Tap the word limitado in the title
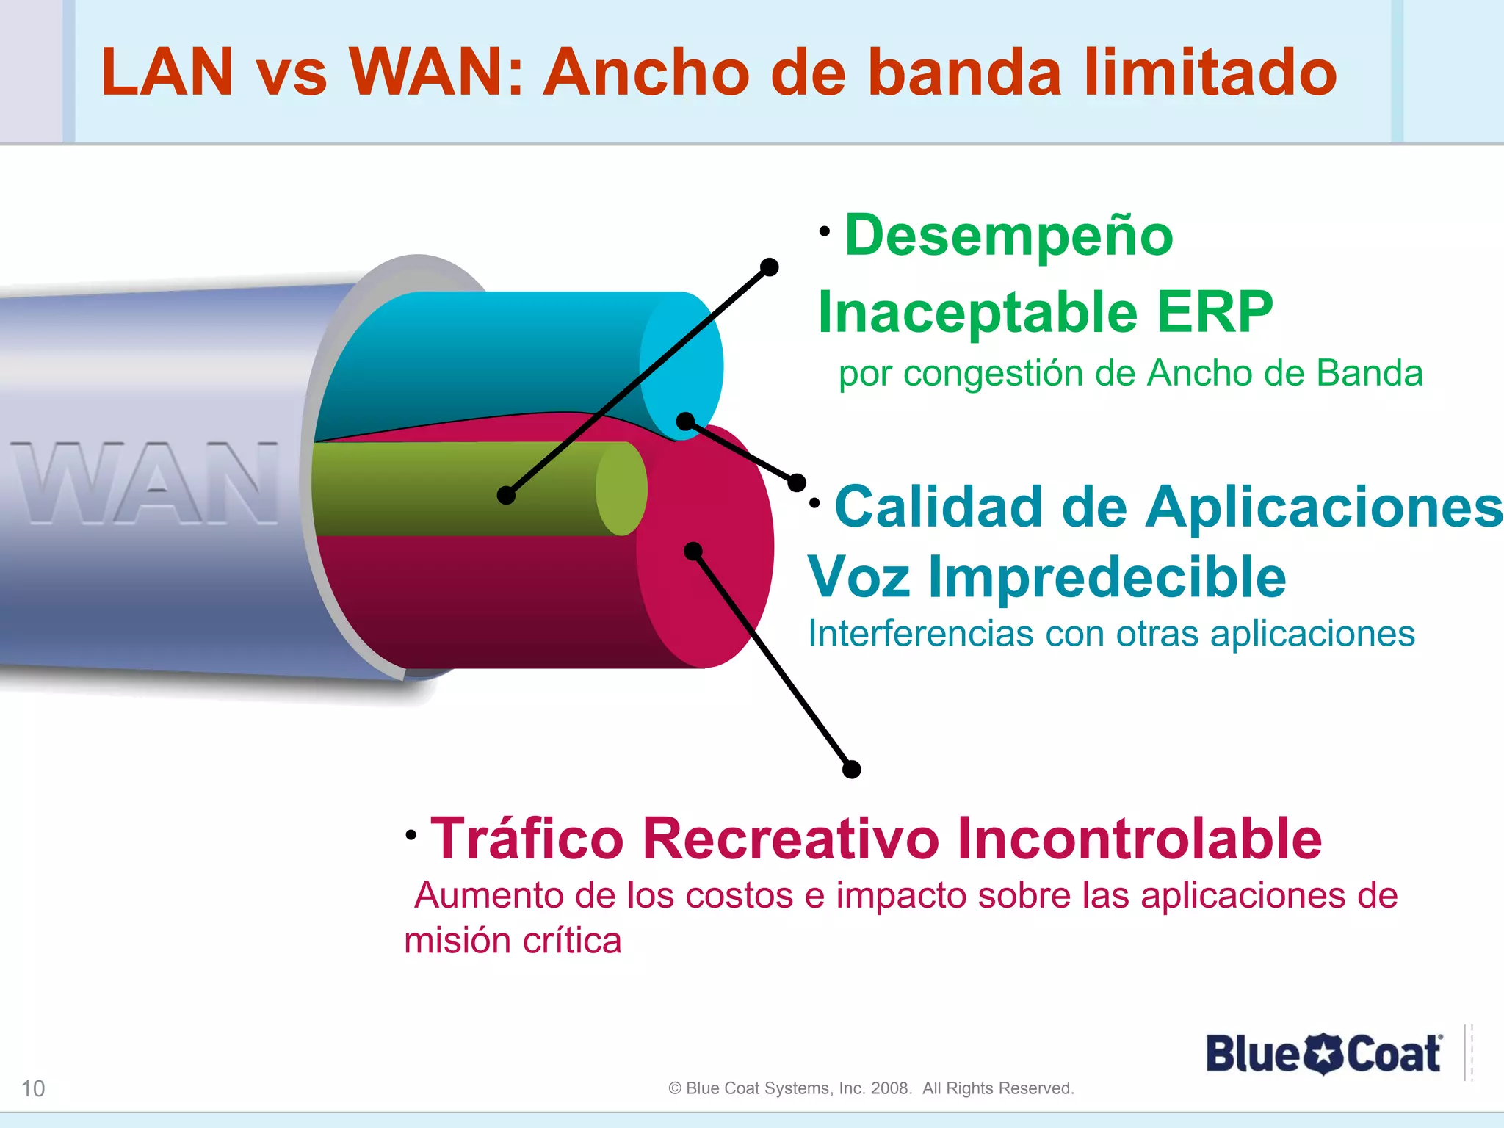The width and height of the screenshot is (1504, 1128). click(x=1210, y=72)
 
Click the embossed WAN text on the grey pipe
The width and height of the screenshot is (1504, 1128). click(x=145, y=482)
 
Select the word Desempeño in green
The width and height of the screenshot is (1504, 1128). click(x=1008, y=236)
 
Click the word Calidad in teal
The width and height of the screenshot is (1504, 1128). click(x=939, y=507)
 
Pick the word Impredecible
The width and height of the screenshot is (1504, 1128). click(x=1107, y=577)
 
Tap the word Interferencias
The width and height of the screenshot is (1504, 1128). click(x=920, y=634)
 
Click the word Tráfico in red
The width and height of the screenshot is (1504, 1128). click(x=527, y=839)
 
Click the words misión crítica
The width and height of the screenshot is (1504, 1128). click(x=513, y=941)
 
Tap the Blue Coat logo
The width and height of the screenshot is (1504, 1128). click(x=1323, y=1054)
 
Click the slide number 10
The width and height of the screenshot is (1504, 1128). click(x=33, y=1088)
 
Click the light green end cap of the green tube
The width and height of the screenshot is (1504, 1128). click(x=621, y=488)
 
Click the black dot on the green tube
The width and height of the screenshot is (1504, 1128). click(x=506, y=496)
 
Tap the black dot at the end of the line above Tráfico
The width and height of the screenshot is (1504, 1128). click(x=851, y=770)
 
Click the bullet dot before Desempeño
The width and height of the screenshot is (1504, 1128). click(x=825, y=231)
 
